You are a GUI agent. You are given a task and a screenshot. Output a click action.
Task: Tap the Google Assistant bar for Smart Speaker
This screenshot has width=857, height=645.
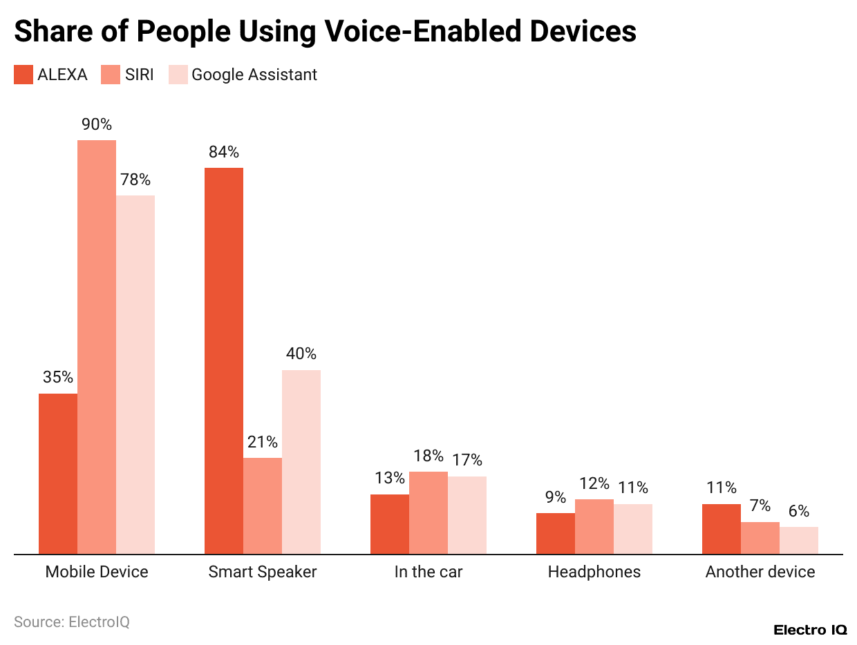(x=301, y=462)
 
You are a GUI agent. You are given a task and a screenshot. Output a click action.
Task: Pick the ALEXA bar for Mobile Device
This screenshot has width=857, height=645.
(x=58, y=474)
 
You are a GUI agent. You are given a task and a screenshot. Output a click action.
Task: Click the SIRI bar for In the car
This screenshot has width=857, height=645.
(x=428, y=512)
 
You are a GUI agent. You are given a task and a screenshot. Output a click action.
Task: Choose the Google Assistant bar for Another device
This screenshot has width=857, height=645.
(x=799, y=540)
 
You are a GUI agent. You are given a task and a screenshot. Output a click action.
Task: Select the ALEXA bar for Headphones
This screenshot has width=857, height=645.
(x=556, y=533)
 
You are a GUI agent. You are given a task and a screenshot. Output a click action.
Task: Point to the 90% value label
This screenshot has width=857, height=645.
(x=97, y=124)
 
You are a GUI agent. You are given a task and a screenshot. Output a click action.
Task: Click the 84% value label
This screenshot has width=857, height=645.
(x=224, y=152)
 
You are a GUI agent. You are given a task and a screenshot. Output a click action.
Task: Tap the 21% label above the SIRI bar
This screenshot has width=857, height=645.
(x=263, y=442)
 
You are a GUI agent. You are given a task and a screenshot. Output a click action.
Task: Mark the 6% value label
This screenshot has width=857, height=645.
(x=799, y=511)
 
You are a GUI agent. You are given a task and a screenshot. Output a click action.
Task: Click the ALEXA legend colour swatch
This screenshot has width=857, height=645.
(x=23, y=75)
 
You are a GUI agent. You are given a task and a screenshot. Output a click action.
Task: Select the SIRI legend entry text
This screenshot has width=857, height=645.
(x=139, y=75)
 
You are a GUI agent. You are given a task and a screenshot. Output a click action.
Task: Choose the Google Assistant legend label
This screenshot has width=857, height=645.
(x=254, y=75)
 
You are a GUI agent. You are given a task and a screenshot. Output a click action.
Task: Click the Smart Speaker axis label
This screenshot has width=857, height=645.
(x=263, y=572)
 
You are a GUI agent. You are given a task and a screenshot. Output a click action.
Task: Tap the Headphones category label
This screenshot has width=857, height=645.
(x=594, y=572)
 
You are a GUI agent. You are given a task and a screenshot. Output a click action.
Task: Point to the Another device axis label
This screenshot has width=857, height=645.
(x=760, y=572)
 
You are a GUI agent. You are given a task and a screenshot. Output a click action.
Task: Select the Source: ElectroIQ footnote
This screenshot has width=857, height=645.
(x=72, y=622)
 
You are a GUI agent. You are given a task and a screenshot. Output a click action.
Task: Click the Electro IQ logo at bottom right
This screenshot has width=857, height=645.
(x=810, y=630)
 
